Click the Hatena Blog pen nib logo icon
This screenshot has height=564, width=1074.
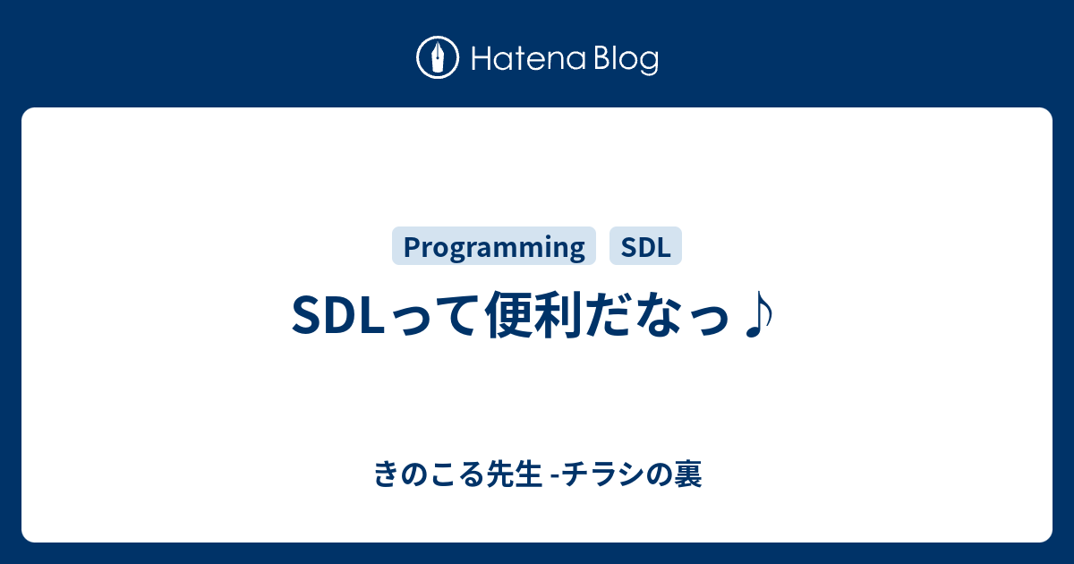(x=438, y=57)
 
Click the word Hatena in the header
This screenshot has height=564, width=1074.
(x=529, y=58)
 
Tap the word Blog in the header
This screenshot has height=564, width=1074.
(x=626, y=60)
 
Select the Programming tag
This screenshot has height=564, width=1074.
(x=494, y=246)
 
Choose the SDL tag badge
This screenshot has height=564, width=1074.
(x=645, y=246)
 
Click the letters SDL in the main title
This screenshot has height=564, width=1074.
(x=338, y=315)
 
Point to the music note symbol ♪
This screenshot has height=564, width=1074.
(x=760, y=314)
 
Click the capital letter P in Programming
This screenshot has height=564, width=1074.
(x=413, y=247)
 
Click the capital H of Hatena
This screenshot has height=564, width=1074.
(x=482, y=59)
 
